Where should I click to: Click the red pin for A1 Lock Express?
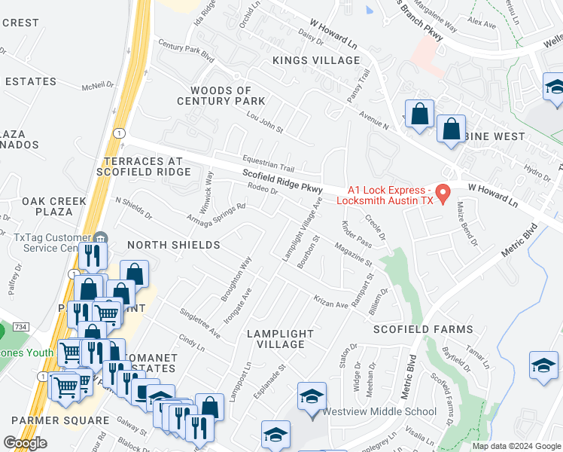pyautogui.click(x=443, y=194)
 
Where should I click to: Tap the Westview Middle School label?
pyautogui.click(x=379, y=411)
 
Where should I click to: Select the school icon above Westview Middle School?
pyautogui.click(x=312, y=396)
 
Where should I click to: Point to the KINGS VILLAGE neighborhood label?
pyautogui.click(x=316, y=60)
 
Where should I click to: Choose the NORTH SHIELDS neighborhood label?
pyautogui.click(x=173, y=245)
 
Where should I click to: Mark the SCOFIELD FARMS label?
pyautogui.click(x=423, y=329)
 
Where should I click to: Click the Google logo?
pyautogui.click(x=26, y=443)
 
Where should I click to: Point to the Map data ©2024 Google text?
pyautogui.click(x=516, y=446)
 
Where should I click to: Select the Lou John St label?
pyautogui.click(x=264, y=124)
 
